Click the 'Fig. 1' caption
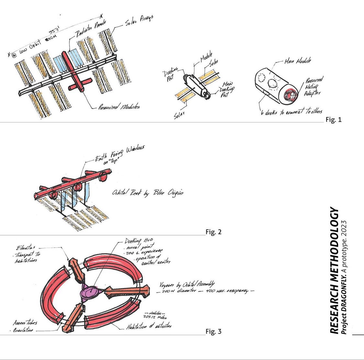click(x=333, y=120)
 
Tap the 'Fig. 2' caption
click(x=213, y=232)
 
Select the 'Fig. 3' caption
click(x=213, y=331)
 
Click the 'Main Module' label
click(x=297, y=61)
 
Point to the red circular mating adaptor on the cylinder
click(x=289, y=95)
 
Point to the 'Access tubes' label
click(x=25, y=323)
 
